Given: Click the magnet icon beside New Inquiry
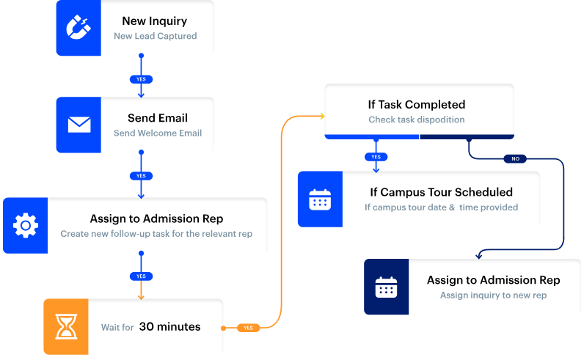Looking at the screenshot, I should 79,28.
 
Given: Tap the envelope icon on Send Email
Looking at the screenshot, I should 79,125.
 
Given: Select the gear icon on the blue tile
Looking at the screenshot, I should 25,225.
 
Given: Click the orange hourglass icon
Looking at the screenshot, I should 66,326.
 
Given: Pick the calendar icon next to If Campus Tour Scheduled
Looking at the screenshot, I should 319,199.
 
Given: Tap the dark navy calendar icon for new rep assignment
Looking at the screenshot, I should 386,287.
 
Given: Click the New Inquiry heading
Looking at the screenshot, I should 154,21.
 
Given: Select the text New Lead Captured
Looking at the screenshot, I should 155,36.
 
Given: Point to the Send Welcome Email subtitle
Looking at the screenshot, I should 158,133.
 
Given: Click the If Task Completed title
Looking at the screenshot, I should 416,104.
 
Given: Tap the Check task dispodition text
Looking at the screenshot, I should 416,120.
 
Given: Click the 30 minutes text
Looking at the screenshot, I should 169,327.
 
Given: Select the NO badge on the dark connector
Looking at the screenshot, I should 515,158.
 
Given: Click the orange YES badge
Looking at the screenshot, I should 248,328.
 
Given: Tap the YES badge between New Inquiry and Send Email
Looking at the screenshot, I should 141,78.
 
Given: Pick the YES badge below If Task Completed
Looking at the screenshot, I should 376,157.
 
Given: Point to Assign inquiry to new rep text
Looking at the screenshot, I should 493,295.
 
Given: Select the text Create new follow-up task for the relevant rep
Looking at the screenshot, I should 156,234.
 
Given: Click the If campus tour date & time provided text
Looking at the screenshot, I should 441,207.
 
